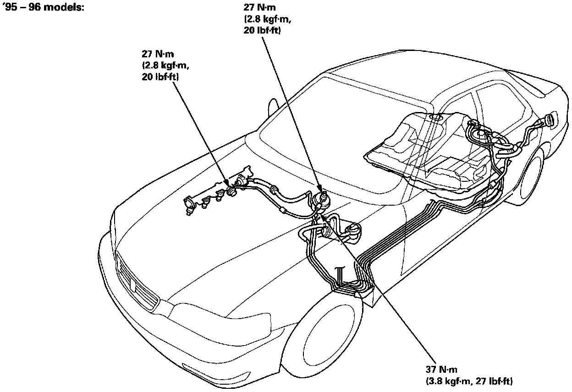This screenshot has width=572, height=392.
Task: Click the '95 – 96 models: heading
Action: pyautogui.click(x=44, y=8)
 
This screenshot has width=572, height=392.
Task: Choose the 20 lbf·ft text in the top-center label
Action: pyautogui.click(x=262, y=31)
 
